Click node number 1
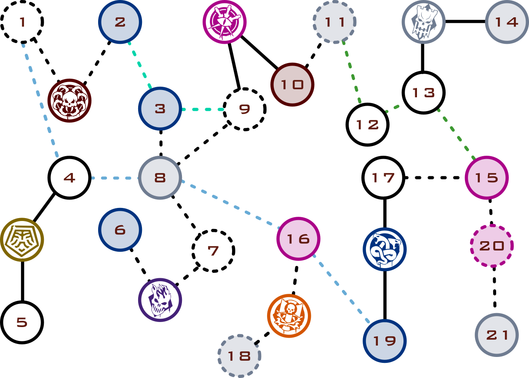(x=22, y=21)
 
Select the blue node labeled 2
(x=120, y=22)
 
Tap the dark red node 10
(x=292, y=85)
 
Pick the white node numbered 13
(x=423, y=93)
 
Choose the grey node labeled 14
(x=507, y=22)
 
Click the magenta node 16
(x=298, y=239)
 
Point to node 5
(x=22, y=322)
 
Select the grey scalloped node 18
(x=239, y=356)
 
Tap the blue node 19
(x=385, y=341)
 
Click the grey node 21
(x=497, y=335)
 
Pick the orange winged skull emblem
(x=289, y=316)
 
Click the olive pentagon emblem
(x=22, y=240)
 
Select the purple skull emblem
(x=160, y=300)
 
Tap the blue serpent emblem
(x=385, y=249)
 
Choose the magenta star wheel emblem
(x=224, y=22)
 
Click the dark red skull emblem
(x=69, y=101)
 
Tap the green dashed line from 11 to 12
(x=352, y=72)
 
